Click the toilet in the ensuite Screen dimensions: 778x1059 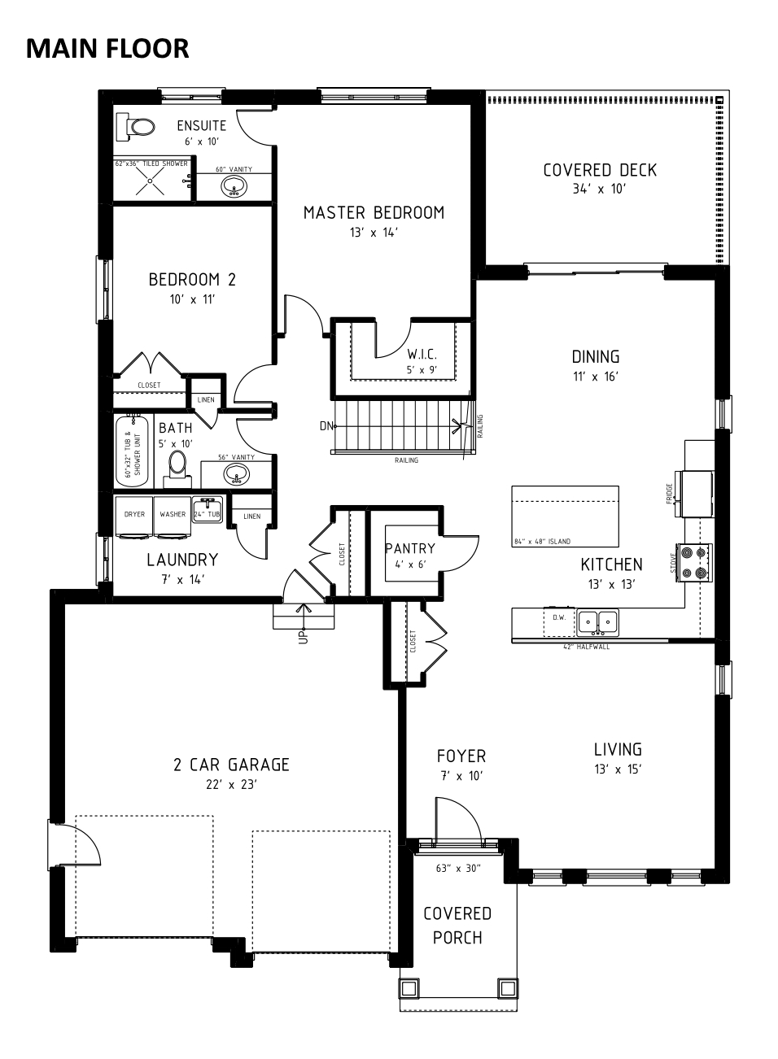tap(136, 126)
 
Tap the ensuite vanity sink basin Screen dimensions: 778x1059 tap(234, 187)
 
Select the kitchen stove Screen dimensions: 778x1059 tap(695, 562)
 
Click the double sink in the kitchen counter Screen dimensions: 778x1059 tap(597, 622)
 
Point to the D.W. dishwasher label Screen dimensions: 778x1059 tap(559, 617)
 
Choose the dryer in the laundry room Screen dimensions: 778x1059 tap(134, 517)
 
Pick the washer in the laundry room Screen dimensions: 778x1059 tap(173, 517)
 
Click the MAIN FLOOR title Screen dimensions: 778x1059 tap(107, 49)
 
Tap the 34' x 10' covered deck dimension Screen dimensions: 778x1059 tap(599, 189)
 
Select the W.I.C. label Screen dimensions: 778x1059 tap(422, 354)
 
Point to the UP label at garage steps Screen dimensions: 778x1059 tap(304, 636)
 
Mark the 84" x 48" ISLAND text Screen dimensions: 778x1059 tap(543, 542)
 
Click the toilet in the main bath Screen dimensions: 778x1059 tap(178, 468)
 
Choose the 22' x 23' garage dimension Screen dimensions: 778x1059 tap(231, 784)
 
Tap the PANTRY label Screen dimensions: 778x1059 tap(409, 548)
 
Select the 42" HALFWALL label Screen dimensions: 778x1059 tap(587, 647)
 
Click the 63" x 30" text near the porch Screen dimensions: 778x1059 tap(458, 868)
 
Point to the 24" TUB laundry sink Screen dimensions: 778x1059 tap(208, 509)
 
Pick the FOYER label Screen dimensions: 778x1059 tap(461, 756)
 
